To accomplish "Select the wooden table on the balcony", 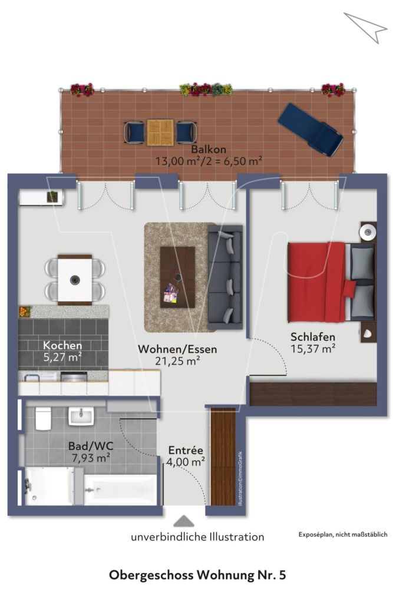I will [x=160, y=132].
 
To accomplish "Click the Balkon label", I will [x=208, y=150].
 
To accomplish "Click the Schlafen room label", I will [x=313, y=337].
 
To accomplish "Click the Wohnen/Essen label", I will [x=177, y=349].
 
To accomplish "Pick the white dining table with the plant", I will [x=75, y=280].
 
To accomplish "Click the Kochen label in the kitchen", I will [x=62, y=345].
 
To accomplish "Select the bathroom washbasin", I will [x=81, y=417].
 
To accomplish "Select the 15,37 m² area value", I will [x=313, y=349].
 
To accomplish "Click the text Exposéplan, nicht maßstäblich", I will [x=343, y=534].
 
